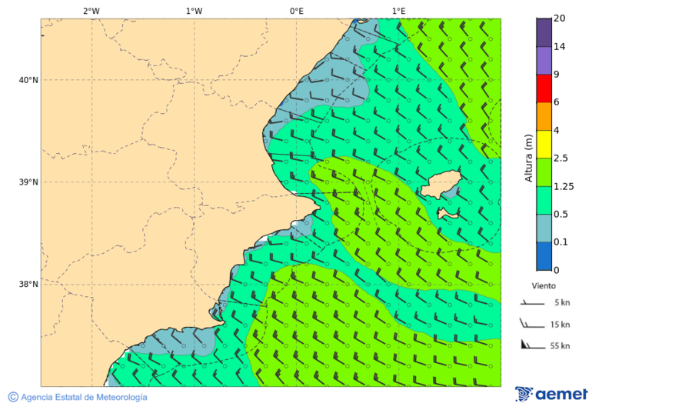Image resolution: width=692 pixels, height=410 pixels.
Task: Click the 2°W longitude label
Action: pos(91,11)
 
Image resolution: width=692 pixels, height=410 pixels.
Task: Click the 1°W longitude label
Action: pos(194,11)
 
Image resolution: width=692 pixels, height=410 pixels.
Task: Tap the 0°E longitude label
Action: pos(296,11)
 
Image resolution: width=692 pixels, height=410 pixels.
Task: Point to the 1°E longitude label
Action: pos(398,11)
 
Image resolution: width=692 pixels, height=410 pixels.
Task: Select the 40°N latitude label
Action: pos(28,80)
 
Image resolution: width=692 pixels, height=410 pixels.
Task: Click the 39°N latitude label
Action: pos(28,182)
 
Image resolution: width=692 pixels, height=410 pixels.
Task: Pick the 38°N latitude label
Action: pos(28,285)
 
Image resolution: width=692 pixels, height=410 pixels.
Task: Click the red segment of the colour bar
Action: pos(544,88)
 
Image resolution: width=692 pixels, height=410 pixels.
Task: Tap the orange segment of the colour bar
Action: pos(544,116)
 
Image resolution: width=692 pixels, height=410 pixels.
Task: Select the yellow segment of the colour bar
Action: pos(544,144)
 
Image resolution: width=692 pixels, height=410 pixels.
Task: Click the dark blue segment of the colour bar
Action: pos(544,256)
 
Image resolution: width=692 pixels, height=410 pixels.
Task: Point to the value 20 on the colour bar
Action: pos(560,18)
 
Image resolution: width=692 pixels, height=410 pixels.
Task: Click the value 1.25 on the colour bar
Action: pos(564,186)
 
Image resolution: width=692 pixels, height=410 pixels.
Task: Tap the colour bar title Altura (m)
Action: pos(528,158)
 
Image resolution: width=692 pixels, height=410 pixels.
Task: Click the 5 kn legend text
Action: pos(561,302)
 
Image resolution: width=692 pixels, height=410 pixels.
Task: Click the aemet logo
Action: pos(551,394)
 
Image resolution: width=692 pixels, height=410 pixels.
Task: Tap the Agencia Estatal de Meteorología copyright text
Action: pos(83,397)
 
